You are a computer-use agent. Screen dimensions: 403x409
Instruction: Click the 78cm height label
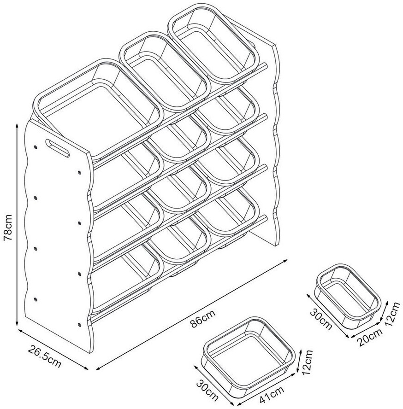tap(7, 227)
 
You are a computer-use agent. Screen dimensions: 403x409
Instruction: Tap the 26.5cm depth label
tap(44, 356)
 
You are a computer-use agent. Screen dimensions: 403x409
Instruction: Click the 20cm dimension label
tap(369, 337)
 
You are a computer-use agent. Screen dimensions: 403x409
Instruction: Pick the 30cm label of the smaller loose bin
tap(321, 319)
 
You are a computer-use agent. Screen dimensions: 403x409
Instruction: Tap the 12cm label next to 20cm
tap(392, 314)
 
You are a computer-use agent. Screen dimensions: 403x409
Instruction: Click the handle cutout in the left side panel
tap(58, 148)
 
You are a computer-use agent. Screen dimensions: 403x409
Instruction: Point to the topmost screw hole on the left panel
tap(36, 147)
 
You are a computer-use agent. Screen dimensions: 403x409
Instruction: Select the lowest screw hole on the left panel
tap(79, 325)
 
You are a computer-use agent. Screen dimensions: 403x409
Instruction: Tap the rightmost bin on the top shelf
tap(213, 47)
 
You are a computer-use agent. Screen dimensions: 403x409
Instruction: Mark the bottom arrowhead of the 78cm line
tap(17, 323)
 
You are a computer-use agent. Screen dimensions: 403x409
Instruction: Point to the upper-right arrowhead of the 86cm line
tap(285, 260)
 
